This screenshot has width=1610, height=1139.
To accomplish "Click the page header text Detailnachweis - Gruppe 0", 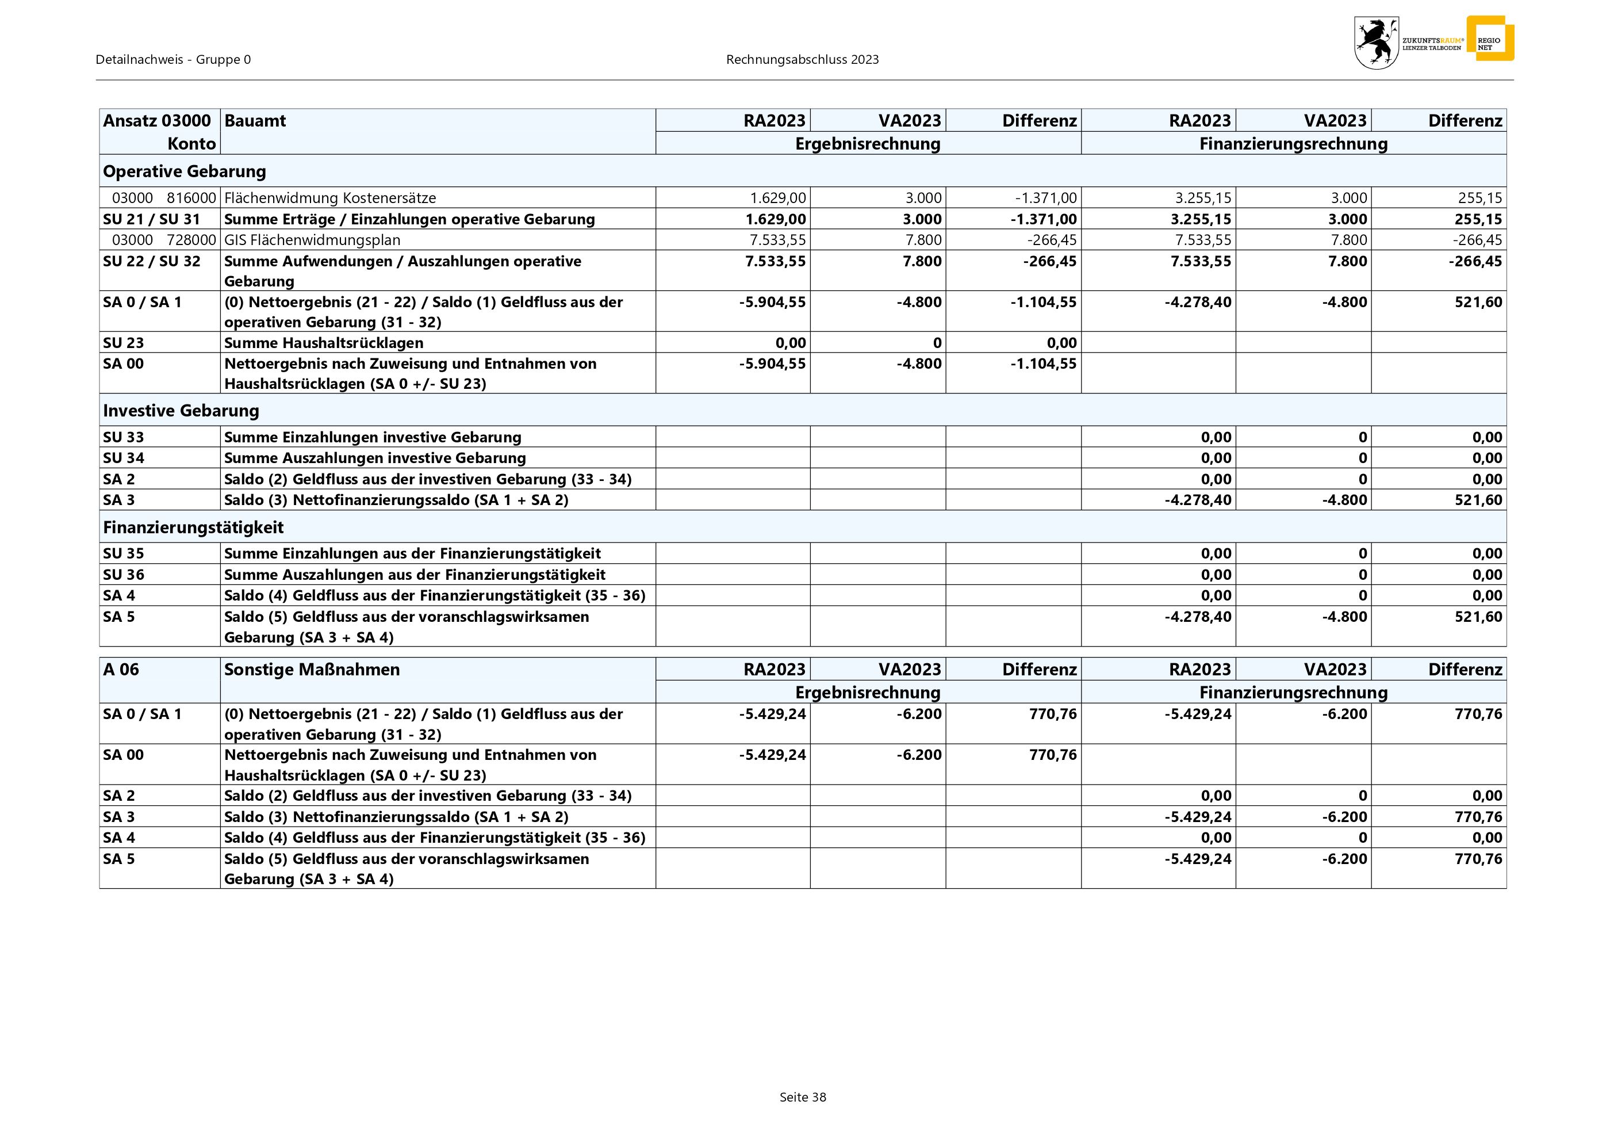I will tap(172, 60).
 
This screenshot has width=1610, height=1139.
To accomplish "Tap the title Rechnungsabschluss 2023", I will tap(802, 60).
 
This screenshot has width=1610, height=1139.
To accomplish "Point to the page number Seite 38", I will tap(803, 1097).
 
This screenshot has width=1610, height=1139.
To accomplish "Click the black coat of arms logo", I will tap(1376, 43).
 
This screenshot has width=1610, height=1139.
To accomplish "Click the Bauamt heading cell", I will tap(255, 121).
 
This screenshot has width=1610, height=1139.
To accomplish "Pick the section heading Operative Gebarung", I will tap(185, 171).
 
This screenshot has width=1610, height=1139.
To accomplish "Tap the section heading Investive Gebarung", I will tap(181, 410).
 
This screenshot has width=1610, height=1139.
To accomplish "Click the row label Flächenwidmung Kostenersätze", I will tap(329, 198).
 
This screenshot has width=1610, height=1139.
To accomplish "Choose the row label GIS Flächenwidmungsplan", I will tap(312, 240).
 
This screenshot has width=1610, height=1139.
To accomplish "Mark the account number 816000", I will tap(191, 198).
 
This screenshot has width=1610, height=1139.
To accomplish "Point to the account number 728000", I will tap(191, 240).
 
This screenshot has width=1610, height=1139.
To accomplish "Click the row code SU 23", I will tap(124, 343).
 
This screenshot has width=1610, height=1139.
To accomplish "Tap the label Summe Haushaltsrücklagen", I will tap(323, 343).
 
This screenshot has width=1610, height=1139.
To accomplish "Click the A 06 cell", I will tap(121, 669).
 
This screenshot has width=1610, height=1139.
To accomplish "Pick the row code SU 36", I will tap(124, 575).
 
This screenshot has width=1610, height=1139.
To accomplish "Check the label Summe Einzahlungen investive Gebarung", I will tap(373, 437).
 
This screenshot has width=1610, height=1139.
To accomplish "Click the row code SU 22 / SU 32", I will tap(151, 261).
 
